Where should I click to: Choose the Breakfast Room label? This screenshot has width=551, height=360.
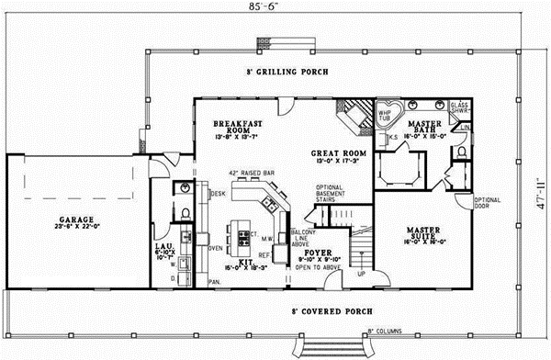pos(239,128)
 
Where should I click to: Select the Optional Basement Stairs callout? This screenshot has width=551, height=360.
pos(329,194)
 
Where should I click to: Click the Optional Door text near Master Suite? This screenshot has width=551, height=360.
pos(486,203)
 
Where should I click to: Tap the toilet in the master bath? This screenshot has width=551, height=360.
pos(461,150)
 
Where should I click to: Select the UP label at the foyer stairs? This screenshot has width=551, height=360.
pos(360,274)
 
